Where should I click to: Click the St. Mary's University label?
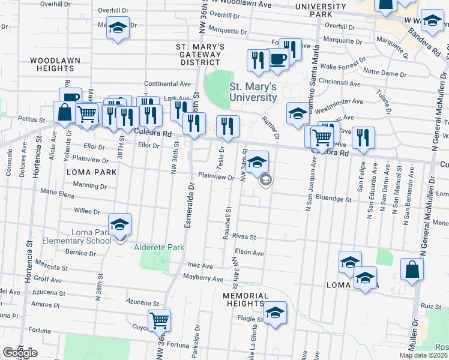click(x=253, y=92)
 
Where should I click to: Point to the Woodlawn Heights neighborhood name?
click(x=52, y=64)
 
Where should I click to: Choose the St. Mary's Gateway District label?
click(x=200, y=54)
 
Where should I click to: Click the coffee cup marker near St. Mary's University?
click(x=277, y=59)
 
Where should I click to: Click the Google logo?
click(x=19, y=353)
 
